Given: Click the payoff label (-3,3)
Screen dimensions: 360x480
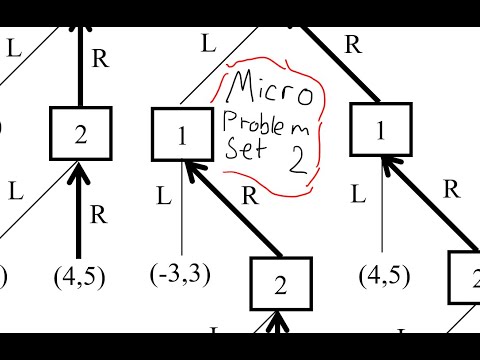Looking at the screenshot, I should click(182, 273).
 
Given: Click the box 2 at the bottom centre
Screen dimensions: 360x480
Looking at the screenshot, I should click(280, 285).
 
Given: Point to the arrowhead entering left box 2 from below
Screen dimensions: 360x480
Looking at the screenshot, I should click(80, 172).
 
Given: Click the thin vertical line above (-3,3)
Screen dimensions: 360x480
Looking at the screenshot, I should click(182, 215).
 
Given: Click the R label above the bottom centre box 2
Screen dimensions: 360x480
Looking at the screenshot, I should click(253, 195).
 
